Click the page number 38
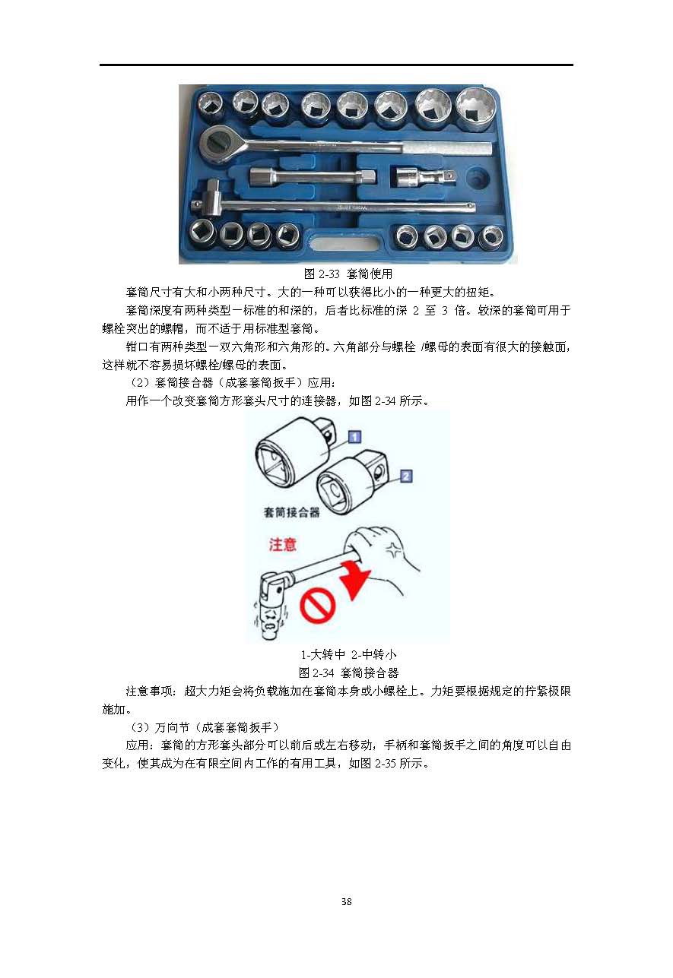click(x=346, y=901)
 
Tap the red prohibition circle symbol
click(x=317, y=606)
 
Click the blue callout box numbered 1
click(x=354, y=437)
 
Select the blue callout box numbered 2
click(x=406, y=476)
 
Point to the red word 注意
click(x=282, y=545)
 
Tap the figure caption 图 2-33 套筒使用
click(x=348, y=274)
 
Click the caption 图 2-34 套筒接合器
click(x=348, y=673)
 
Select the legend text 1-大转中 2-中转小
click(x=348, y=654)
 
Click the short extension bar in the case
click(x=313, y=177)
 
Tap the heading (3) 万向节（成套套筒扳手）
click(x=204, y=727)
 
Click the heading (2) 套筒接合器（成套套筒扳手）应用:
click(x=233, y=382)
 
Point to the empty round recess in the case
click(x=478, y=177)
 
